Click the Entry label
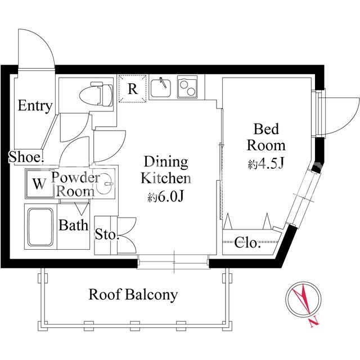35,106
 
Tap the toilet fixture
96,94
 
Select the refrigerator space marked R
133,89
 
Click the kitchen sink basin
161,88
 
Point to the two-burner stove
187,88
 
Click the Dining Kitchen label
166,170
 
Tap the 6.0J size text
165,197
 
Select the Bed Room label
266,137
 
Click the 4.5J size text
266,164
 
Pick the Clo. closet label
247,242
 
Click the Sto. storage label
107,234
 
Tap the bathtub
40,227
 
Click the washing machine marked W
39,184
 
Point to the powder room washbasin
105,184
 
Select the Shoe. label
26,157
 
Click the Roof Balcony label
133,294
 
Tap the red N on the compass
314,321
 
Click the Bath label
73,225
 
